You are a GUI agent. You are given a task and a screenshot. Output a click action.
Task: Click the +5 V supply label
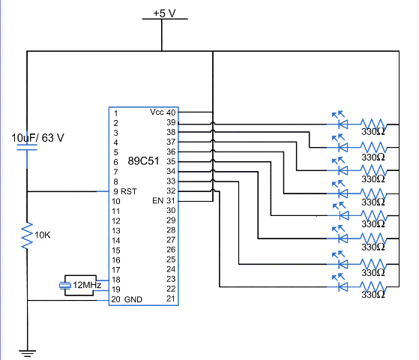coord(163,13)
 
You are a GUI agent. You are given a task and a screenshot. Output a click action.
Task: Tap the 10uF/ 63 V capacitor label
coord(37,138)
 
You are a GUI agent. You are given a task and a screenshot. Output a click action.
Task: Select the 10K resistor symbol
coord(27,236)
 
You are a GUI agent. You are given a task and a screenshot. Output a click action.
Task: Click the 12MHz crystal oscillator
coord(82,285)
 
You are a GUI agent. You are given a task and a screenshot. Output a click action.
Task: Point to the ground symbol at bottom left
coord(27,351)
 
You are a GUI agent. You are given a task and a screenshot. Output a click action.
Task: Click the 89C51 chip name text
coord(141,160)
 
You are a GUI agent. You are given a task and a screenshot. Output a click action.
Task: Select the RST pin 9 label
coord(124,191)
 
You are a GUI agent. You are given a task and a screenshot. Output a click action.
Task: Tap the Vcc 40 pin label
coord(162,112)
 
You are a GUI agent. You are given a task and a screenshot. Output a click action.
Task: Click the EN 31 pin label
coord(163,201)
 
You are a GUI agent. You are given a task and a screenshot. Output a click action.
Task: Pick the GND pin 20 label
coord(127,299)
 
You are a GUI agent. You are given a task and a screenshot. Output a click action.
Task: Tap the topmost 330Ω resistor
coord(373,123)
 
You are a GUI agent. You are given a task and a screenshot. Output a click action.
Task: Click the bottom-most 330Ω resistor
coord(373,288)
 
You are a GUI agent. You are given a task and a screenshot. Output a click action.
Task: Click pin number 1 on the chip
coord(115,112)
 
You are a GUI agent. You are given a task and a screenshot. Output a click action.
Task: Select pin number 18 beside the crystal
coord(115,279)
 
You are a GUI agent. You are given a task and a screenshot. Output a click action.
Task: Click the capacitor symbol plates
coord(27,154)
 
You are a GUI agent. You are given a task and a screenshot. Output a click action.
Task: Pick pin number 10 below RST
coord(115,201)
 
